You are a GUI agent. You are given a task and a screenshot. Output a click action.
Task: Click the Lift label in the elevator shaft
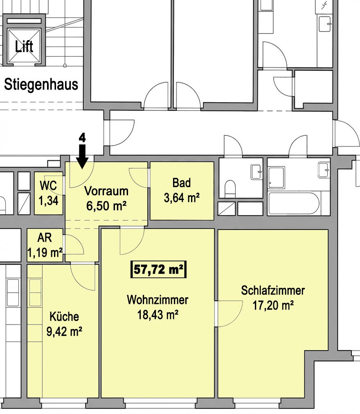point(24,47)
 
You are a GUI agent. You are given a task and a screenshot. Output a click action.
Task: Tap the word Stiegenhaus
point(41,85)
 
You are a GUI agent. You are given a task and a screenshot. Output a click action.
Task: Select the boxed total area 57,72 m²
point(158,270)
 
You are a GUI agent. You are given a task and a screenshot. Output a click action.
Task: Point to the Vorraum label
point(106,191)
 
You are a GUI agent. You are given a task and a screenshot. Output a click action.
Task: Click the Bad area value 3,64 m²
point(182,198)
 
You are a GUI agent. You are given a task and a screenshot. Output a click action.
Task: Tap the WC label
point(48,186)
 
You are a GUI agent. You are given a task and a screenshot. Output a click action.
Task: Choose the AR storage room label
point(45,238)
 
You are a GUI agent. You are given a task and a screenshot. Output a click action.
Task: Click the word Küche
point(64,316)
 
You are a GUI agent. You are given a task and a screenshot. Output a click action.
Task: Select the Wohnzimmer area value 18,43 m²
point(157,315)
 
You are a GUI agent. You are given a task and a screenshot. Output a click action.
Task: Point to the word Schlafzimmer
point(273,290)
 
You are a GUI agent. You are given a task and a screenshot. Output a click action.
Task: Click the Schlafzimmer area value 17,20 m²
point(273,305)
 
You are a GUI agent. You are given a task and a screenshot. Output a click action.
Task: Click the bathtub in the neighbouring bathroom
point(294,203)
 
